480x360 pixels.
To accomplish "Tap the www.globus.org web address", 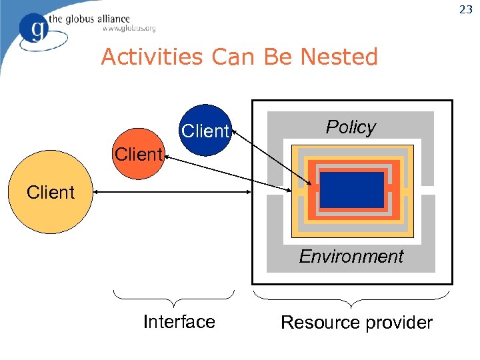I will tap(129, 28).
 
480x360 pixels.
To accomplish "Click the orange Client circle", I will tap(137, 154).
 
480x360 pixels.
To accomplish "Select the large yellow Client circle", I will tap(51, 192).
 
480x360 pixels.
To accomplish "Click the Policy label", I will tap(351, 127).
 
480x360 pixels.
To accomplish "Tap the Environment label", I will tap(351, 257).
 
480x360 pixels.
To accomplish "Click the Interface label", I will tap(179, 322).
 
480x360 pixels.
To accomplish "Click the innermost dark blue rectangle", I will tap(351, 191).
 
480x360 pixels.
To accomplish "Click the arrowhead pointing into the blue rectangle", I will tap(310, 186).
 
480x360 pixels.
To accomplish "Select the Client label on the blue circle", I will tap(205, 131).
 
